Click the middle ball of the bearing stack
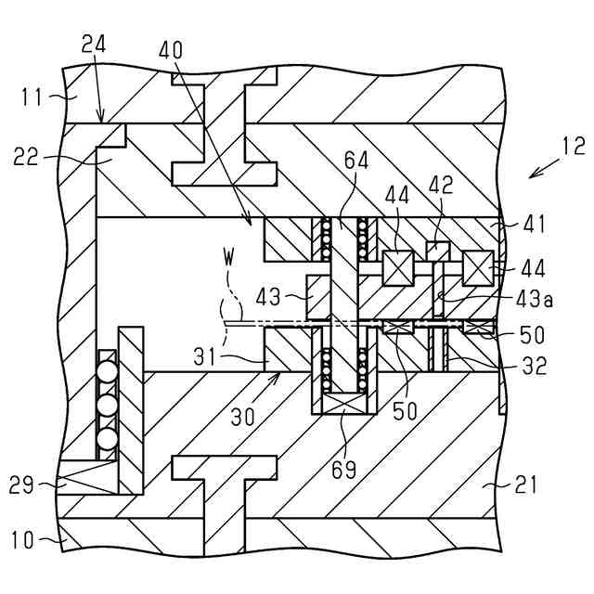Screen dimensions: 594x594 pyautogui.click(x=108, y=405)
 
